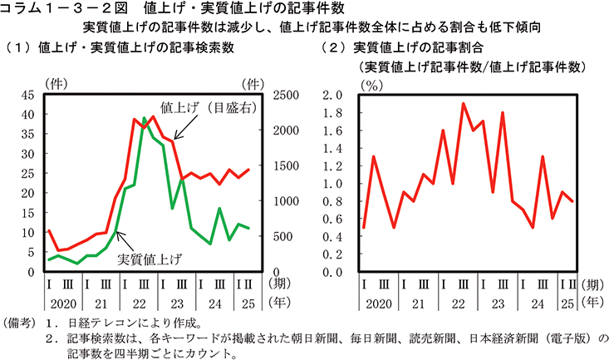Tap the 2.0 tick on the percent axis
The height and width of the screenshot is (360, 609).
(332, 95)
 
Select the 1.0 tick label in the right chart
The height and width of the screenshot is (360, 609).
(332, 183)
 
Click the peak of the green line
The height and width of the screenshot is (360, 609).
(144, 118)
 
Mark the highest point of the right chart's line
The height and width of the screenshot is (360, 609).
(463, 103)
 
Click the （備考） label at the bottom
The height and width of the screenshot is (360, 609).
(19, 323)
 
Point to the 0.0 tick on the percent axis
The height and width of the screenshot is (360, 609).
(332, 272)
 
